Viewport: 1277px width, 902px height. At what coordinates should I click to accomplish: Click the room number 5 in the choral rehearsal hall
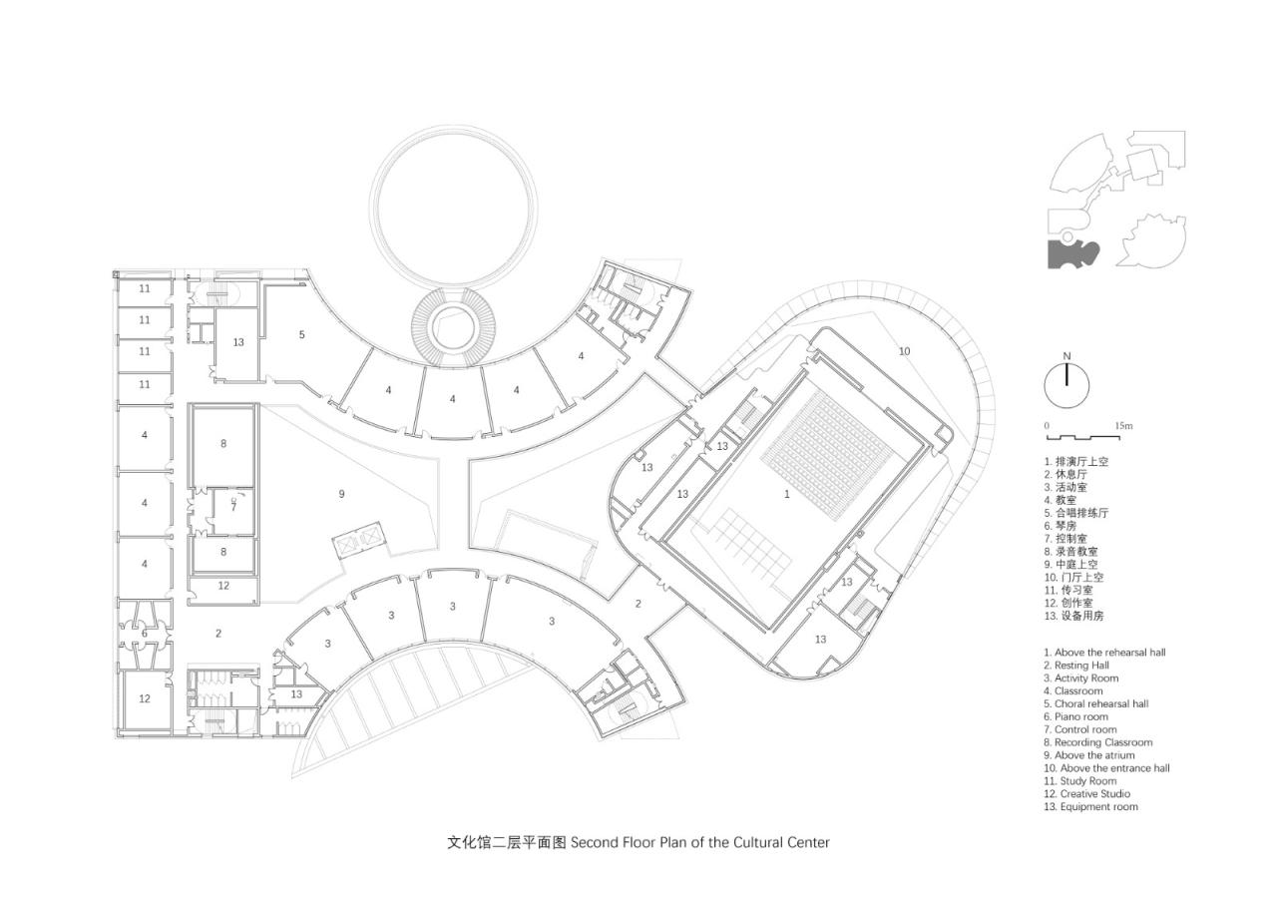point(301,335)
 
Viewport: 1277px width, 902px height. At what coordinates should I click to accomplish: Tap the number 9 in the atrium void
point(341,494)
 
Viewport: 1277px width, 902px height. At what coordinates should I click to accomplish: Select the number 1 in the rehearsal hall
point(786,494)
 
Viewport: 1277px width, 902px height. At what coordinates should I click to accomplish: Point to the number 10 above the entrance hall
point(904,351)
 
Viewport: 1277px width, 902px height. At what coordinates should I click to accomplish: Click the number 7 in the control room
point(233,507)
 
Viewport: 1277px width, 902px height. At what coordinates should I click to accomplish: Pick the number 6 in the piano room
point(145,634)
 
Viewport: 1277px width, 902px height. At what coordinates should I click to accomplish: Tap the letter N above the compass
point(1066,356)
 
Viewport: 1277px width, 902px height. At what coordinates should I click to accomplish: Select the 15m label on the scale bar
point(1123,426)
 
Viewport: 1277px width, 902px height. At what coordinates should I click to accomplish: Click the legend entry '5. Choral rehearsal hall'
point(1096,703)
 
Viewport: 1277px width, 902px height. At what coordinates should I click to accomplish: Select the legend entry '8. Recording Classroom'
point(1097,742)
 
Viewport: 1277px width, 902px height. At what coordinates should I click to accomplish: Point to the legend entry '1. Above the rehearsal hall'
point(1104,653)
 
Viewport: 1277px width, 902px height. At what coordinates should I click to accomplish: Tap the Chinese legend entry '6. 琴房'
point(1061,526)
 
